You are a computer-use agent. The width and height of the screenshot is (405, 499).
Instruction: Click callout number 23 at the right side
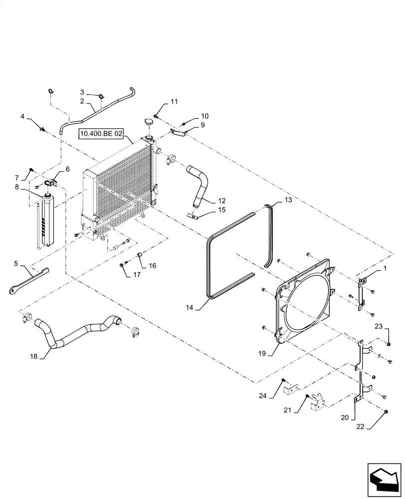point(378,326)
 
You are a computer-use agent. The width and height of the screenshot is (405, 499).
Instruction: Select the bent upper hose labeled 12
point(200,185)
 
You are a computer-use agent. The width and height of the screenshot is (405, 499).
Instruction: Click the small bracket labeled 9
point(178,132)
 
